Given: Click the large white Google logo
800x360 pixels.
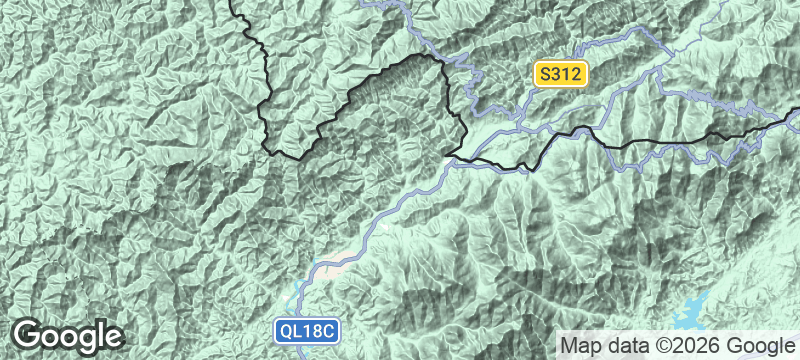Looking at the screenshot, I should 68,335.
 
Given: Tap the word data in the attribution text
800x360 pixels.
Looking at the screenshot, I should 624,345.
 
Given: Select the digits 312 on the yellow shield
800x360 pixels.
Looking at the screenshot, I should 566,73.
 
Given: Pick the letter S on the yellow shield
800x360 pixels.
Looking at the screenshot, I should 544,73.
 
